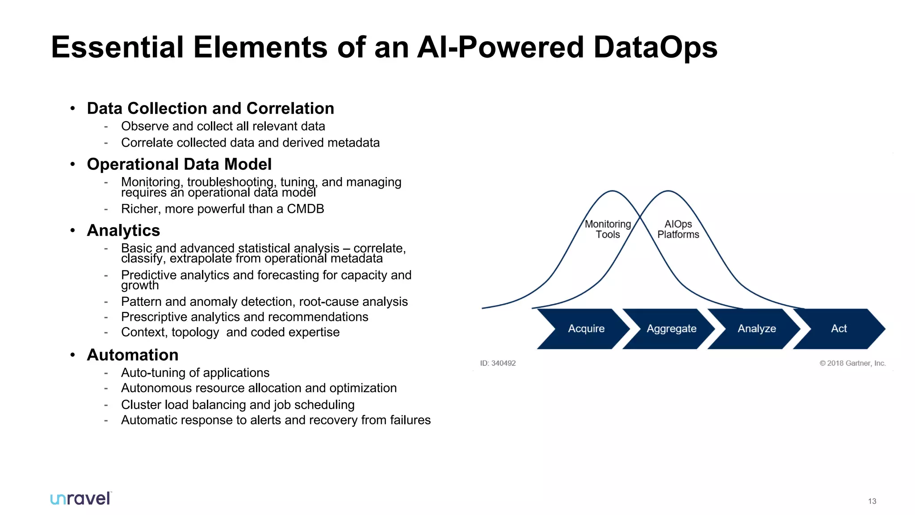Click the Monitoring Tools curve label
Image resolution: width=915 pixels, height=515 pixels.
[608, 229]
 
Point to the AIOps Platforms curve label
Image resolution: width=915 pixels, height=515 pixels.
[678, 229]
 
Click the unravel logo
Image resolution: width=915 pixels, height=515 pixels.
[80, 498]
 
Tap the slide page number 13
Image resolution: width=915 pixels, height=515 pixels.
[872, 501]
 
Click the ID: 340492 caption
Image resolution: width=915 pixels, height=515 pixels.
[498, 363]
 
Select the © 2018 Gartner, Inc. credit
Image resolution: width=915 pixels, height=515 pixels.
[852, 363]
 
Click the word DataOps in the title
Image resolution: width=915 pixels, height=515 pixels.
[655, 47]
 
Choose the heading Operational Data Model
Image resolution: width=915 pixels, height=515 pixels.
[179, 164]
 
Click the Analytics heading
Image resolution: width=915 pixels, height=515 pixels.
[123, 230]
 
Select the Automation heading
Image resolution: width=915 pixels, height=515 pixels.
[133, 355]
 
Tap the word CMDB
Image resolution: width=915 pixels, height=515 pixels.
[305, 209]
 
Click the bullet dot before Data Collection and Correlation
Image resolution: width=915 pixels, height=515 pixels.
[72, 108]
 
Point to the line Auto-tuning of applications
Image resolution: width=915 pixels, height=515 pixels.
[195, 372]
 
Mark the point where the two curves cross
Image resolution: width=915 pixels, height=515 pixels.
[640, 217]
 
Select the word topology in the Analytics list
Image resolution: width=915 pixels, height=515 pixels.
[195, 332]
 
